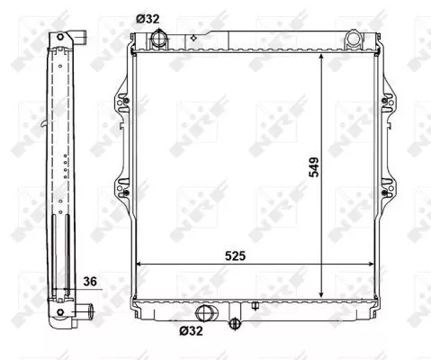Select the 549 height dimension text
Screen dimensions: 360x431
(312, 166)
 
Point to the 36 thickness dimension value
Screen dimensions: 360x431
(88, 282)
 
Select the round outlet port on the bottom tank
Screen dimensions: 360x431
(206, 313)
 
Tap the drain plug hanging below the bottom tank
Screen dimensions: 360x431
(236, 325)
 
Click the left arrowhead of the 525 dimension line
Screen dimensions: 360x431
(139, 265)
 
